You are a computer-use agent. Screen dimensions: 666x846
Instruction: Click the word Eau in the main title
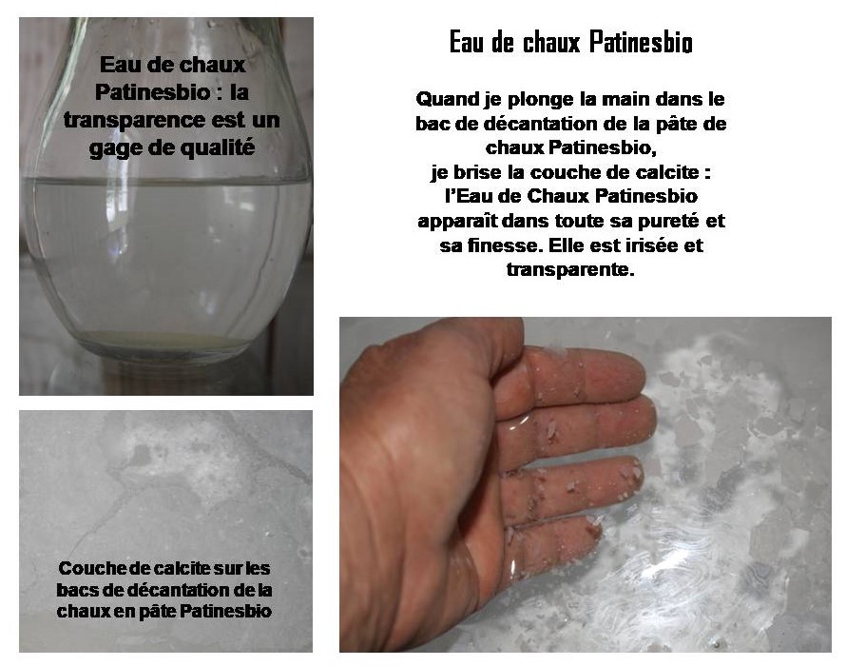coord(465,45)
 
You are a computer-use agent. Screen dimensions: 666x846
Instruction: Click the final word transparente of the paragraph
coord(570,271)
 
